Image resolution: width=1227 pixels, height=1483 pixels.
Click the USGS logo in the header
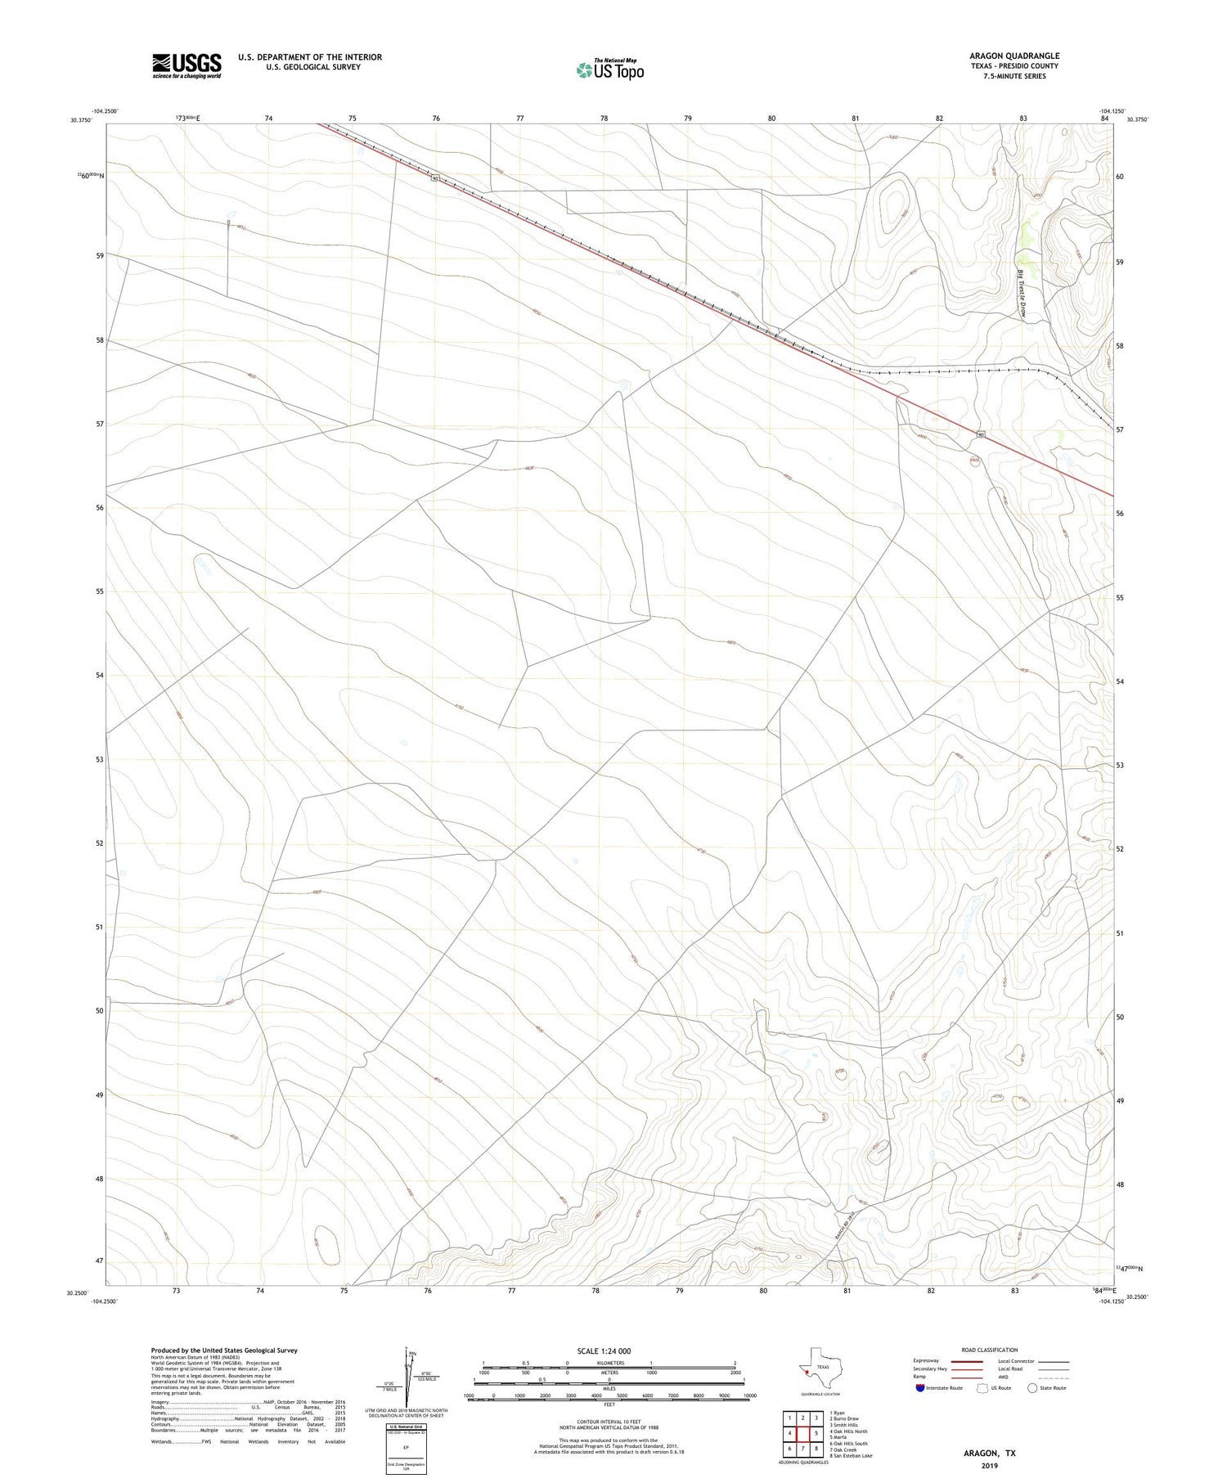[187, 65]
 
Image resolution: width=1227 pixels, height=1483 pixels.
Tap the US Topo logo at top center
[610, 70]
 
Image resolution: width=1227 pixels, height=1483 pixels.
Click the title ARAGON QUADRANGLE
[1014, 56]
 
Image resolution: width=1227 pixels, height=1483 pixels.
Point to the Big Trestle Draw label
[1022, 294]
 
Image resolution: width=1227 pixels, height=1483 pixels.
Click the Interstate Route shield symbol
[920, 1388]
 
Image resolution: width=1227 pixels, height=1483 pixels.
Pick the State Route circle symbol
[1032, 1388]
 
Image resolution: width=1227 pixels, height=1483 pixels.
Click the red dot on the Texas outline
[806, 1373]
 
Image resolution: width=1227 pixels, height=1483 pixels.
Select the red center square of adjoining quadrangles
[803, 1433]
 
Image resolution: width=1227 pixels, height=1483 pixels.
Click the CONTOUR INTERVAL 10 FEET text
[609, 1422]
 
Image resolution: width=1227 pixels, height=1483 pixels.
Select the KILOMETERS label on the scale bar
[609, 1363]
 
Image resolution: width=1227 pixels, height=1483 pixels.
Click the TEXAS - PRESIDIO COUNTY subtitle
[1014, 66]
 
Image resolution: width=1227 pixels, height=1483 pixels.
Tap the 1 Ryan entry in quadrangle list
[838, 1413]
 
